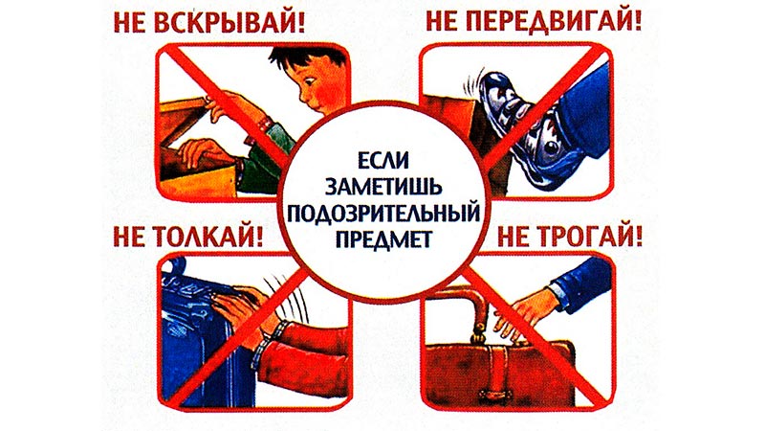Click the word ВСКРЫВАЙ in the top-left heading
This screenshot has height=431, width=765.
click(229, 22)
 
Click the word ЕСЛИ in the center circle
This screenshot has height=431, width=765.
click(383, 160)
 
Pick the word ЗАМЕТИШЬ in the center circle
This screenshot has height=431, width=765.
click(383, 186)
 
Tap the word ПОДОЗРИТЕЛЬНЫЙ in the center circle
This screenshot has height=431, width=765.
click(383, 213)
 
